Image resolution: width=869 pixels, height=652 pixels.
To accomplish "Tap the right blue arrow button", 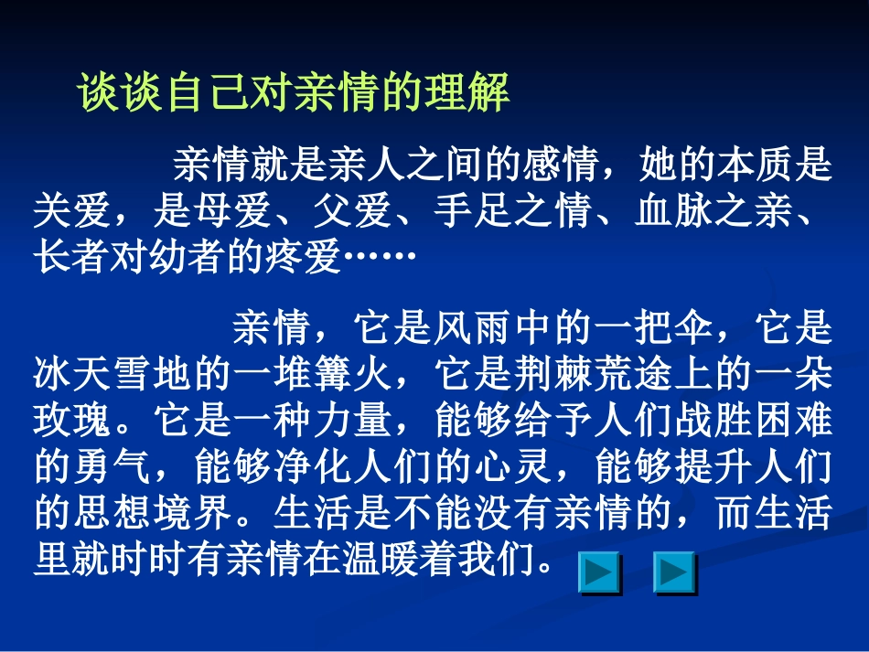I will pyautogui.click(x=674, y=574).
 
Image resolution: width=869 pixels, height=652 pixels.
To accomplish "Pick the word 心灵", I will pyautogui.click(x=515, y=467).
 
